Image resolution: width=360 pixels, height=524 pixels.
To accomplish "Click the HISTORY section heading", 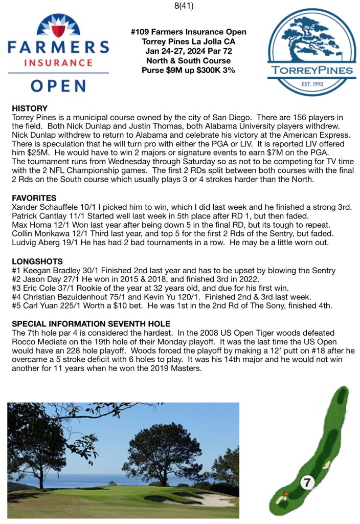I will coord(29,109).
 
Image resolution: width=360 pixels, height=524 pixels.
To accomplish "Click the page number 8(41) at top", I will coord(180,7).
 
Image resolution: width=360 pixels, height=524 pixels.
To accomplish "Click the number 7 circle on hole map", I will coord(307,482).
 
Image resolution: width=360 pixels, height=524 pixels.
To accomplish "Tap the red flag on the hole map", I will coord(286,494).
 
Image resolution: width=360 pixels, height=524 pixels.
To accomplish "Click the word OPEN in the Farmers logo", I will coord(57,85).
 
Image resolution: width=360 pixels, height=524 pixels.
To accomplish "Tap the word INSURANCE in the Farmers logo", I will coord(57,63).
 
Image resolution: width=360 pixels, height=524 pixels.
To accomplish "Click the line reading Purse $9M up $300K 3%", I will coord(188,70).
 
